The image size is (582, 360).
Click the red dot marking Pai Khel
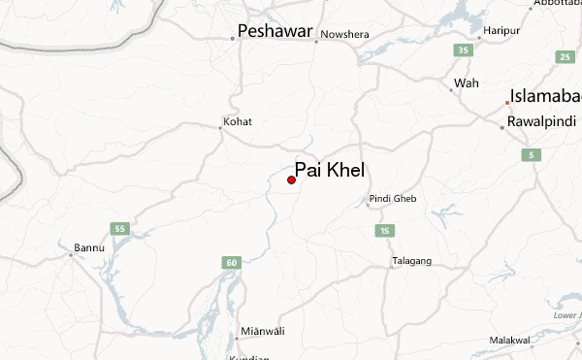tap(292, 180)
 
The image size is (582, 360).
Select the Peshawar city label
tap(275, 32)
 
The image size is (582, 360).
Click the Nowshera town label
tap(344, 35)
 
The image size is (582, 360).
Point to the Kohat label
tap(238, 121)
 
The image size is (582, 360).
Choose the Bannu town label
tap(88, 248)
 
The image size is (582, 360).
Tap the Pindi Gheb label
tap(392, 200)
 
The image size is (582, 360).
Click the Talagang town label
tap(411, 261)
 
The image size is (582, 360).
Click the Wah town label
tap(467, 83)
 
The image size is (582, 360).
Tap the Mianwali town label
tap(263, 332)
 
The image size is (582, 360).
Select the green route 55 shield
tap(120, 229)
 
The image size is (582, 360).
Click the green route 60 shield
tap(231, 262)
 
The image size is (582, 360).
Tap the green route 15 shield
tap(385, 230)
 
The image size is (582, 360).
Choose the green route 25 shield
tap(564, 57)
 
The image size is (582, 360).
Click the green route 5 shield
tap(531, 155)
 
